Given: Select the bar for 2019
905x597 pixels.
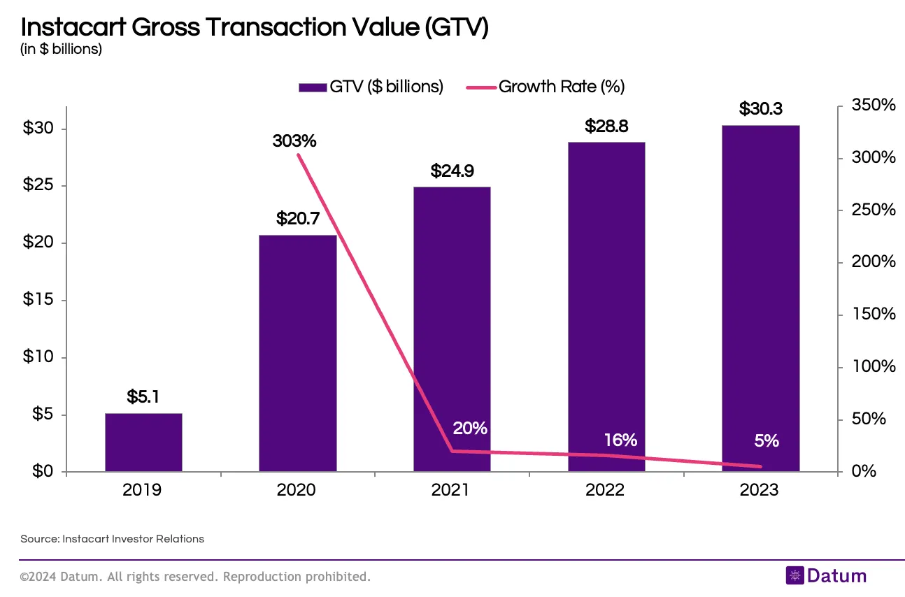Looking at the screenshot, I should pyautogui.click(x=143, y=443).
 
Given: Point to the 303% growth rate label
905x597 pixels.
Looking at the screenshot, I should pyautogui.click(x=294, y=141).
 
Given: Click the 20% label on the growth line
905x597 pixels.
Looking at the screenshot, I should pyautogui.click(x=470, y=428).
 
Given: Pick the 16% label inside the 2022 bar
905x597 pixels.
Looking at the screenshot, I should pyautogui.click(x=620, y=440).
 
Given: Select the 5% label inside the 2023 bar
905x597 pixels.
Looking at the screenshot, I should pyautogui.click(x=767, y=440).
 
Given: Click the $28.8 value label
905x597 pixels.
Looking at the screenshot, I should pyautogui.click(x=606, y=127).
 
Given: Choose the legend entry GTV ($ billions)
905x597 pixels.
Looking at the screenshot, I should pyautogui.click(x=371, y=87).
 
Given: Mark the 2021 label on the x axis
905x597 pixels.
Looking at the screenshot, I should pyautogui.click(x=450, y=490).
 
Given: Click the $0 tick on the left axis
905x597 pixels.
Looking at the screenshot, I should pyautogui.click(x=38, y=472).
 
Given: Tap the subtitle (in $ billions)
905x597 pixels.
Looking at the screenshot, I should pyautogui.click(x=62, y=49).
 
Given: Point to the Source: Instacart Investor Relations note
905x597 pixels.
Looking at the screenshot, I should pyautogui.click(x=113, y=538).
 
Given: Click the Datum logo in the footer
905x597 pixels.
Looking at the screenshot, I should pyautogui.click(x=826, y=576).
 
